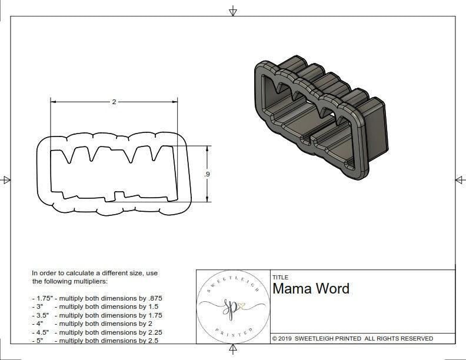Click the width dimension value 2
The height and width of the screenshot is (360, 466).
point(114,102)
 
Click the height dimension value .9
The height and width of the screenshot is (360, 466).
point(207,175)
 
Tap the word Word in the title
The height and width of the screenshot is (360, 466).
point(333,289)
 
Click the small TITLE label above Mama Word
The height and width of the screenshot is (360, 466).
point(280,278)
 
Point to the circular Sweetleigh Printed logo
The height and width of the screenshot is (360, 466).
point(232,306)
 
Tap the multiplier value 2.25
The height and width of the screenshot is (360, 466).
point(151,332)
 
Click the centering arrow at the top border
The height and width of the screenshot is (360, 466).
point(233,11)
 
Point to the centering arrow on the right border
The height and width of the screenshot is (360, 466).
point(459,180)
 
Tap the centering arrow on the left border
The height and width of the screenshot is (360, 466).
point(6,180)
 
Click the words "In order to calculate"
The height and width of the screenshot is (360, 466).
point(64,274)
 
